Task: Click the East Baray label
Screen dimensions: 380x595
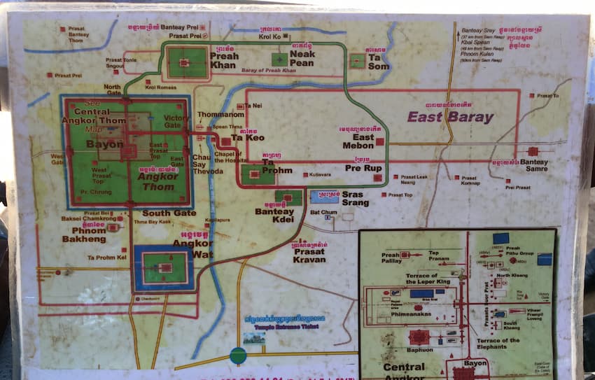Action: (450, 117)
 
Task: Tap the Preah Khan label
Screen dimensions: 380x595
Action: (224, 61)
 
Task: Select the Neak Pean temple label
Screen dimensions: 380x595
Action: (302, 58)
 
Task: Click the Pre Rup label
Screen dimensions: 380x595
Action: (363, 168)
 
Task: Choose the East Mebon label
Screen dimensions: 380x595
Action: (358, 141)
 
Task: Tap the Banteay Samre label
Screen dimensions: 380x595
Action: (534, 167)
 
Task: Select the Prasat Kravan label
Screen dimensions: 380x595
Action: (309, 255)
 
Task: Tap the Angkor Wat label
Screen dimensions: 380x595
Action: (192, 248)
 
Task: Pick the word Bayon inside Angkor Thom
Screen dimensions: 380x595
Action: (104, 144)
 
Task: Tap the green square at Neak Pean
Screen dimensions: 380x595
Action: (280, 59)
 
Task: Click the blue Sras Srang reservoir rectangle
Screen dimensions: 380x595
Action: (324, 198)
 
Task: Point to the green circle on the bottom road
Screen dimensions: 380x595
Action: (238, 355)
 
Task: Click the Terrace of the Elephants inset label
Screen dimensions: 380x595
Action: (498, 344)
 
